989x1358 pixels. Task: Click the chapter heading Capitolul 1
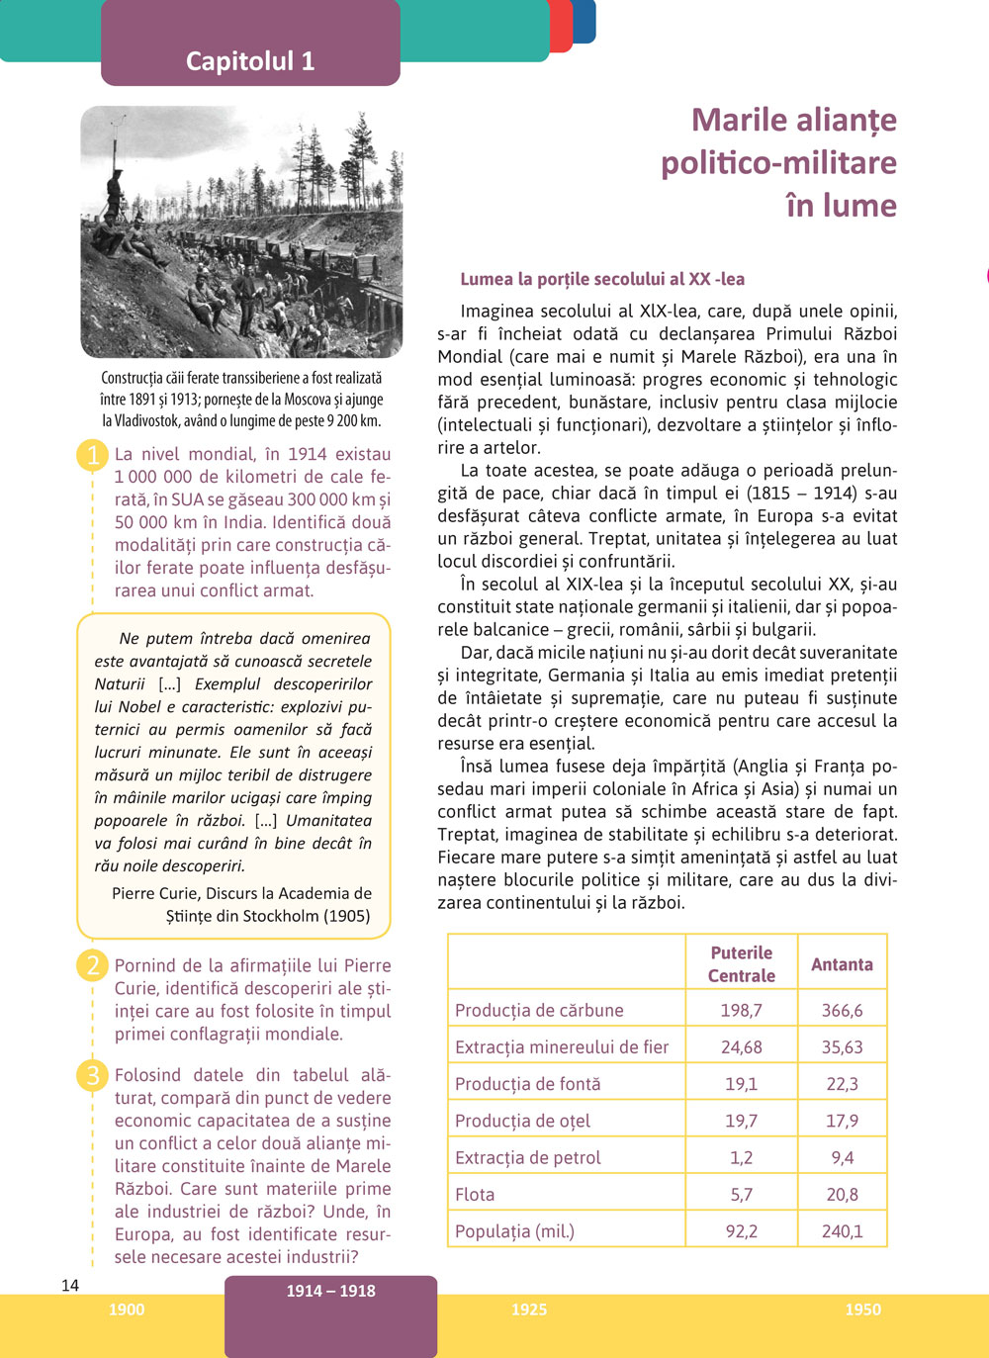click(250, 61)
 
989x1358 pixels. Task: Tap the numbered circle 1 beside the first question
click(93, 455)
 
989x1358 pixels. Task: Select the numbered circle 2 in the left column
click(93, 965)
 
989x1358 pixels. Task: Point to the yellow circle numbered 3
click(93, 1075)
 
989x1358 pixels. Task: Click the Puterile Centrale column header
click(741, 963)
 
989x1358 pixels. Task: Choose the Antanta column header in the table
click(842, 964)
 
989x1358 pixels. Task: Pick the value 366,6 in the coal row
click(842, 1010)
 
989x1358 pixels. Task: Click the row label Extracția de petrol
click(528, 1157)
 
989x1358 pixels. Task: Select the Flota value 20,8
click(842, 1195)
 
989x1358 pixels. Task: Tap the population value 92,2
click(741, 1231)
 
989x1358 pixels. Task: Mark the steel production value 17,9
click(842, 1121)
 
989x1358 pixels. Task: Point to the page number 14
click(70, 1286)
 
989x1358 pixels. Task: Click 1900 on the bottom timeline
click(127, 1310)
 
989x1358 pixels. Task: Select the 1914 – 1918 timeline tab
click(330, 1291)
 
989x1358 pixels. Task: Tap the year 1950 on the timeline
click(862, 1310)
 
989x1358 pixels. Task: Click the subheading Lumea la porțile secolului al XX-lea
click(602, 279)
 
